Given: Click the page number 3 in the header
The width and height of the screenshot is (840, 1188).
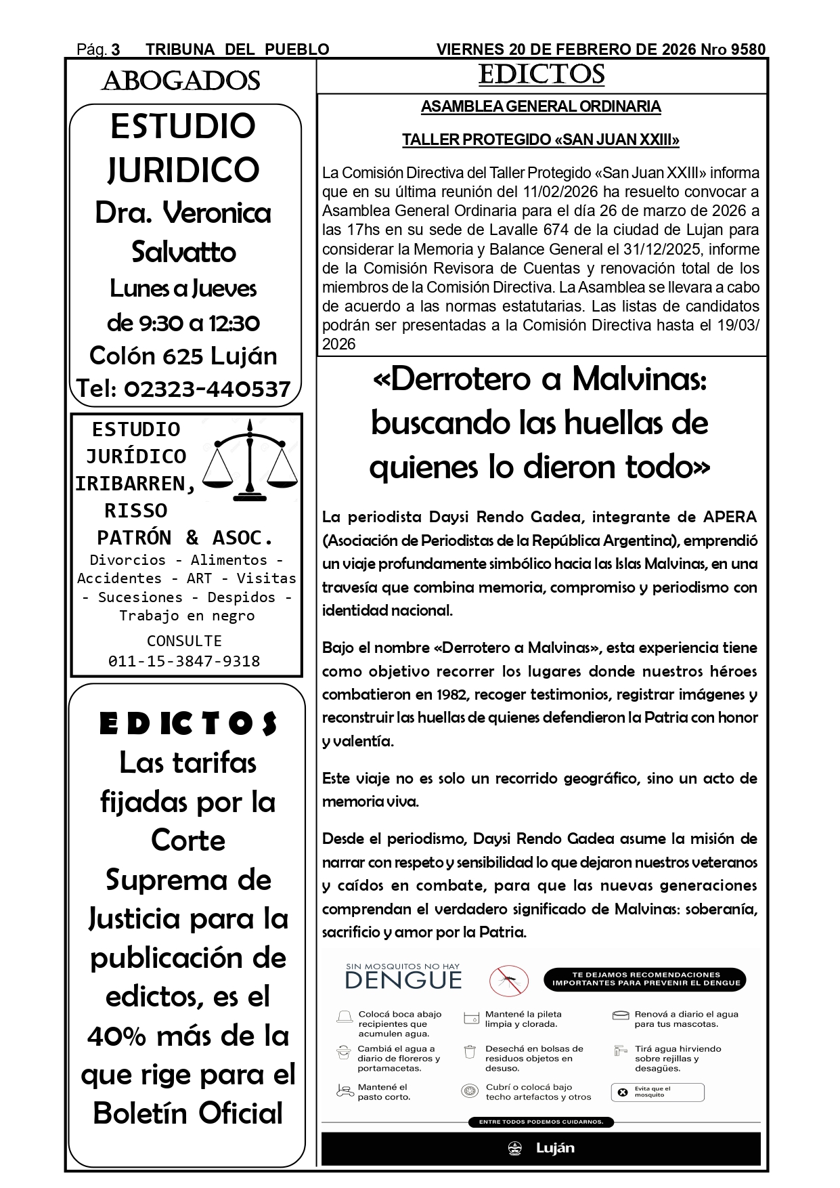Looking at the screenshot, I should pos(116,49).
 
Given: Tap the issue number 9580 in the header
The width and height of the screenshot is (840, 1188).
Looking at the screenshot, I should pos(749,49).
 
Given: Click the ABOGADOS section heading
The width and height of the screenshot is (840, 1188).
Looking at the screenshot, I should pos(181,81).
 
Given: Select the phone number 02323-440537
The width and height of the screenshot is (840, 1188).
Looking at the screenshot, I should pos(207,389).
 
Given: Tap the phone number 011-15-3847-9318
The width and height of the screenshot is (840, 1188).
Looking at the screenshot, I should pos(184,661).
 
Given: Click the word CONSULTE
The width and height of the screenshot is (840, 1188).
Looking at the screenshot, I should pos(184,641).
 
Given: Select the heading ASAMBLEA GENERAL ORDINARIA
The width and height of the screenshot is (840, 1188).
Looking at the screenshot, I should pos(541,106).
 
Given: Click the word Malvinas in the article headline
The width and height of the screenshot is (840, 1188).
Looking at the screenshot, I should pos(639,379).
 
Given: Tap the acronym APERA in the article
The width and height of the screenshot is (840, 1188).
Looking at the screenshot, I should pos(730,517).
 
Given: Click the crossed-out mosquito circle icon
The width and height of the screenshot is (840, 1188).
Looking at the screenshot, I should pos(509,980).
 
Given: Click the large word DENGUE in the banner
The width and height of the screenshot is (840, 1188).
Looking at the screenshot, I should pos(403,980).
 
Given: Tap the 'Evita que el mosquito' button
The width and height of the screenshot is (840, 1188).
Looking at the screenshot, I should pos(657,1092).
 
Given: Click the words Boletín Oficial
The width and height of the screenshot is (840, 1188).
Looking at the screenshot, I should pos(188,1113).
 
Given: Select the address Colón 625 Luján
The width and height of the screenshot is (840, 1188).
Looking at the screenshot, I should pos(183,356).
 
